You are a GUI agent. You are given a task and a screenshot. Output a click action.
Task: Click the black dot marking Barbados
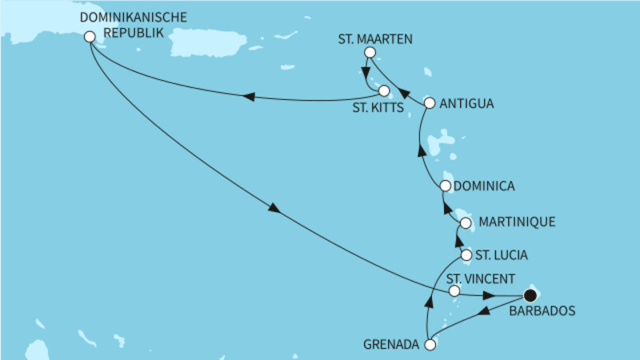point(529,294)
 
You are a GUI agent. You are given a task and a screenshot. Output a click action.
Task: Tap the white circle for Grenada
point(430,346)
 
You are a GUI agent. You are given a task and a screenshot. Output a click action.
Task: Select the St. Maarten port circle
point(370,53)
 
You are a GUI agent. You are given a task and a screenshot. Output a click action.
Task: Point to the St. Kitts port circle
point(385,90)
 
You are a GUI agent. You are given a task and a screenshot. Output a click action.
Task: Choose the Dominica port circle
point(446,186)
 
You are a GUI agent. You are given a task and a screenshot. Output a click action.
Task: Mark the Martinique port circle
point(465,222)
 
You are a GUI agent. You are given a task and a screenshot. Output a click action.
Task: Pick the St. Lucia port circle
point(466,255)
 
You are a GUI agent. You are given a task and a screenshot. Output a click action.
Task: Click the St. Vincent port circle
point(454,292)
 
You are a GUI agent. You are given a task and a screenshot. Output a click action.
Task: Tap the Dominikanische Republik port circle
point(90,36)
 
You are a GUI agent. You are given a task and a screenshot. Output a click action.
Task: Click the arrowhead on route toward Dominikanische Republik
point(247,97)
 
